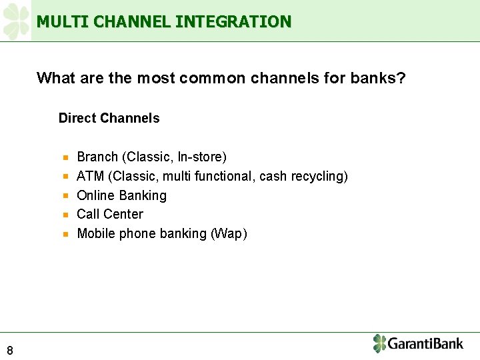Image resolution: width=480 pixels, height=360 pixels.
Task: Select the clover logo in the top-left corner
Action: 16,21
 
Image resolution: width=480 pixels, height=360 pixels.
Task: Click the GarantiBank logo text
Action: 425,344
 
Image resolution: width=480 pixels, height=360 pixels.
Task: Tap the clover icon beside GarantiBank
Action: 379,343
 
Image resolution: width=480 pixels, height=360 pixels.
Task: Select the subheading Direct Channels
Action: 109,118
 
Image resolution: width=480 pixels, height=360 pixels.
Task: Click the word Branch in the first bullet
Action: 97,157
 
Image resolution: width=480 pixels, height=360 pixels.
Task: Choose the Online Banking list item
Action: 121,195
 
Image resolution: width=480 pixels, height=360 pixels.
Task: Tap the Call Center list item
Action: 110,214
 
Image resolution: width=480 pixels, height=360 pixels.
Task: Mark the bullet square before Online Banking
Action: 66,196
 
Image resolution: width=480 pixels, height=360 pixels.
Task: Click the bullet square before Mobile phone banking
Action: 66,234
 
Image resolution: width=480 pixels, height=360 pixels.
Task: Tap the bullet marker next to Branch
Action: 66,158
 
